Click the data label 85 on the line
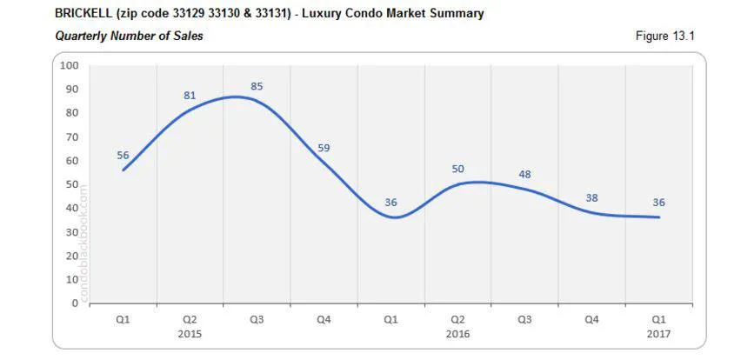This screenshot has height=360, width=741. click(257, 86)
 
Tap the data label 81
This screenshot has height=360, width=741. click(190, 95)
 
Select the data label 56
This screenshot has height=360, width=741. click(123, 155)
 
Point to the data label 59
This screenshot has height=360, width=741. click(324, 148)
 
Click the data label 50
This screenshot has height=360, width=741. click(458, 169)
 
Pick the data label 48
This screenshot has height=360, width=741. click(524, 174)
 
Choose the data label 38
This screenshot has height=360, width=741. click(591, 198)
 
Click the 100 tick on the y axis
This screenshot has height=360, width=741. click(70, 65)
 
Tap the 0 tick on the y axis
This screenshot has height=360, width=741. click(76, 303)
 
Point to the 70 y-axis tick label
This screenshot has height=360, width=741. click(72, 137)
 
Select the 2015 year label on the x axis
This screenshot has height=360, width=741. click(190, 333)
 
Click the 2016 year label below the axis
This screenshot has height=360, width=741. click(458, 333)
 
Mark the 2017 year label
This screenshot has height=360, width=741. click(658, 333)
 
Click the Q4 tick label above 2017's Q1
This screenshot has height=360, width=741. click(591, 319)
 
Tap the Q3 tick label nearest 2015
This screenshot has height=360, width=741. click(257, 319)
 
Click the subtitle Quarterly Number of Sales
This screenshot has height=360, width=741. click(129, 36)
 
